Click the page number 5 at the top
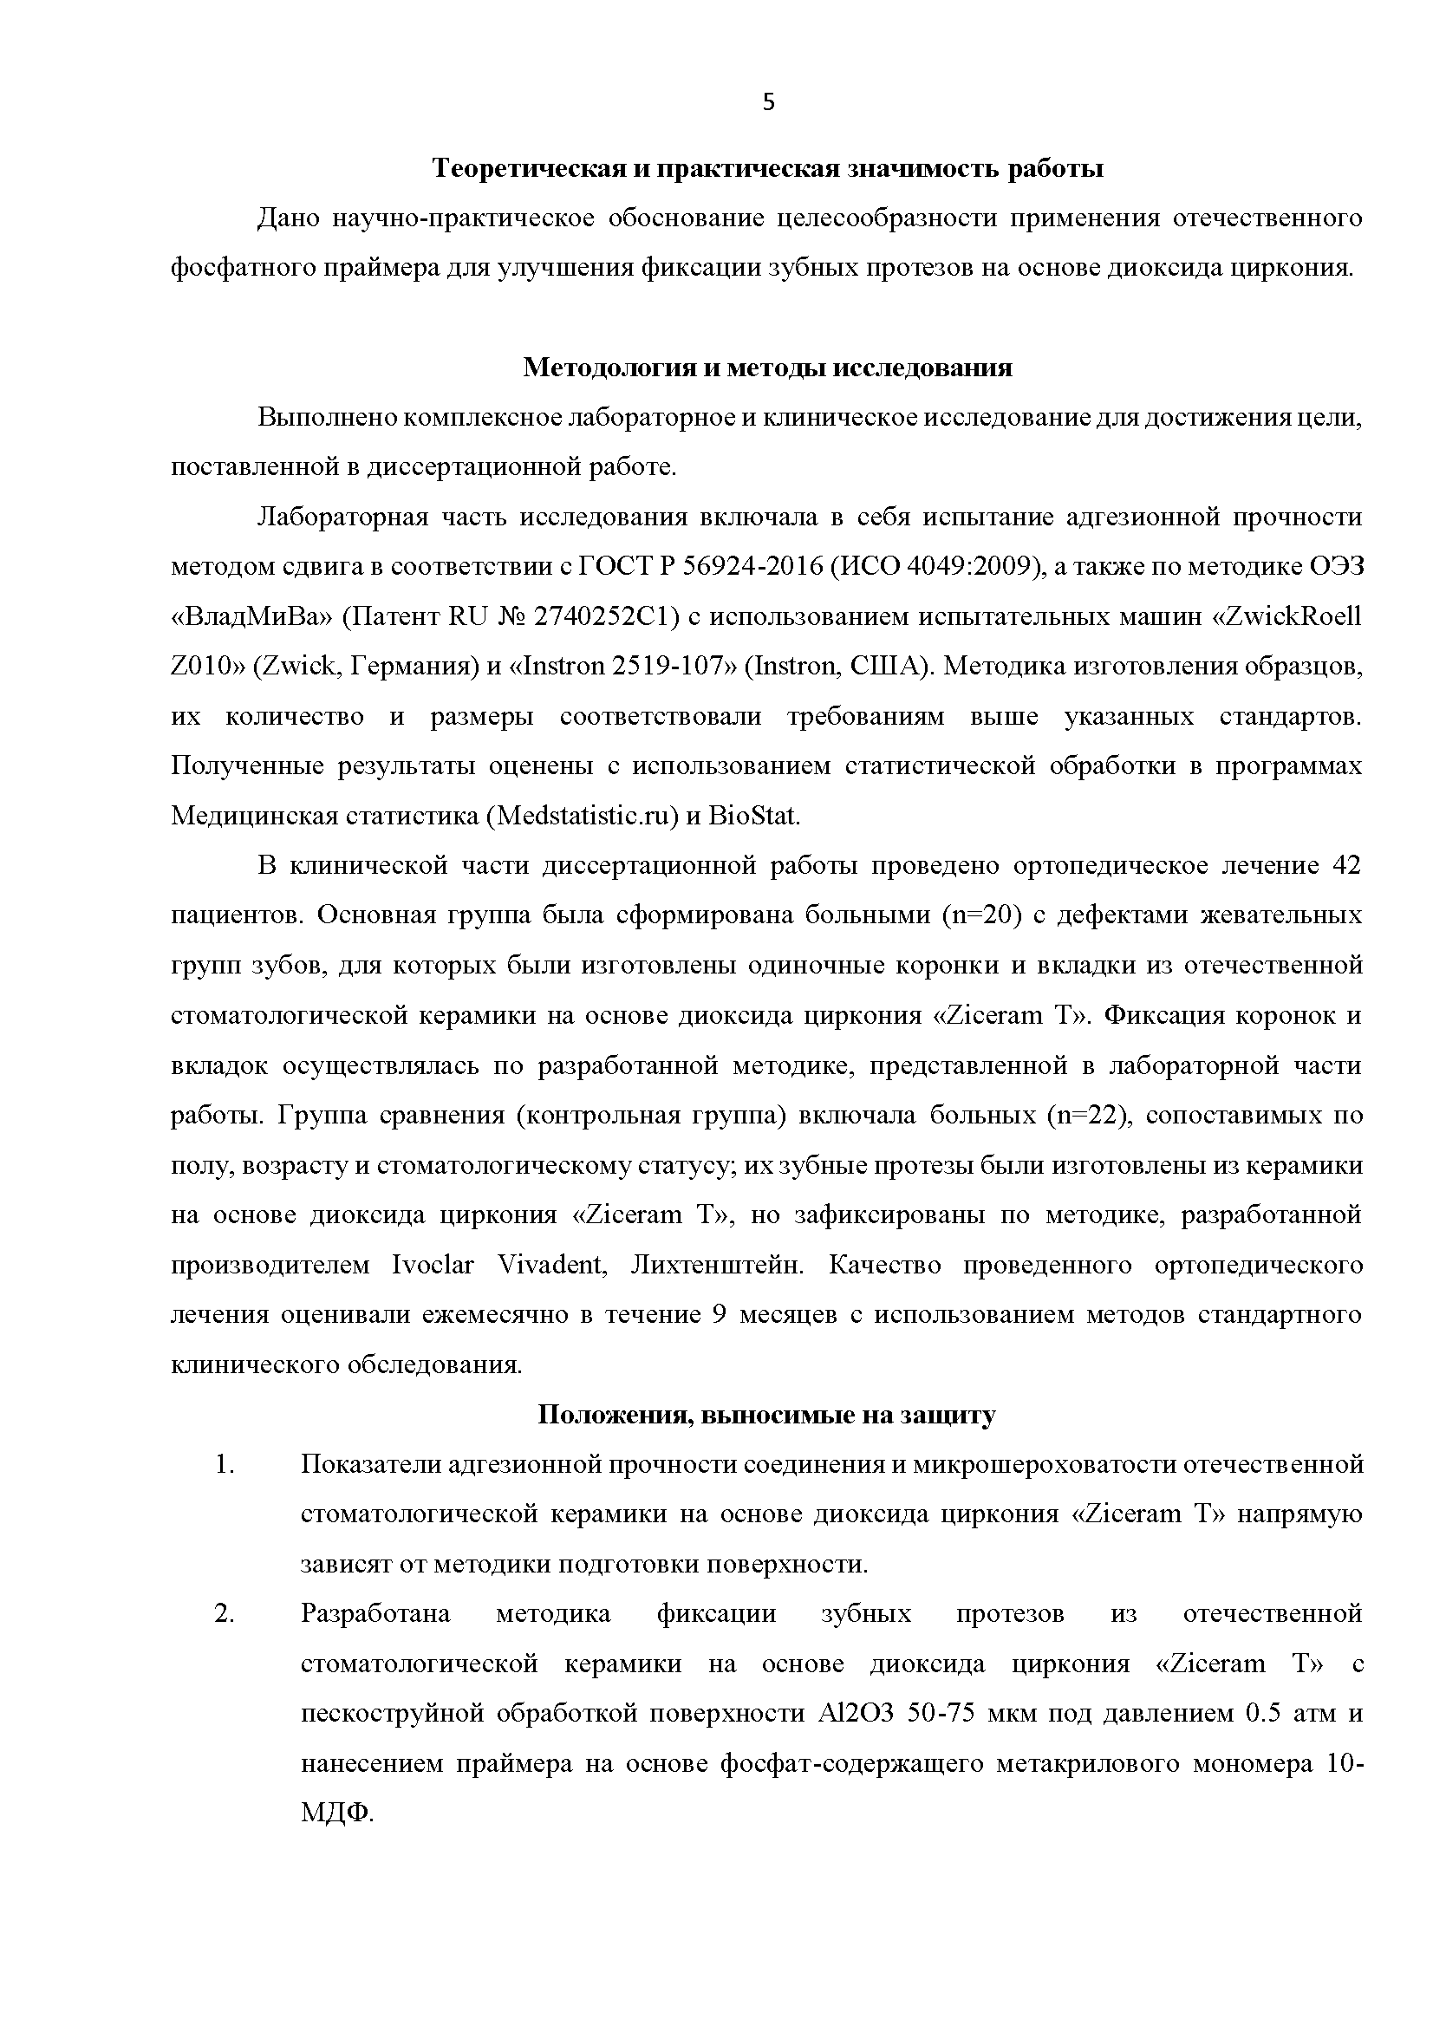(x=769, y=103)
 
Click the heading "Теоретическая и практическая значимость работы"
(x=768, y=168)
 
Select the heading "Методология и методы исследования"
(x=768, y=367)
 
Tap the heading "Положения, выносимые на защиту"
(x=767, y=1416)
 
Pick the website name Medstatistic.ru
(x=582, y=817)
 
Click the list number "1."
(x=225, y=1466)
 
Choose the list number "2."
(x=225, y=1615)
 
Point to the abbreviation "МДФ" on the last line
(x=335, y=1815)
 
